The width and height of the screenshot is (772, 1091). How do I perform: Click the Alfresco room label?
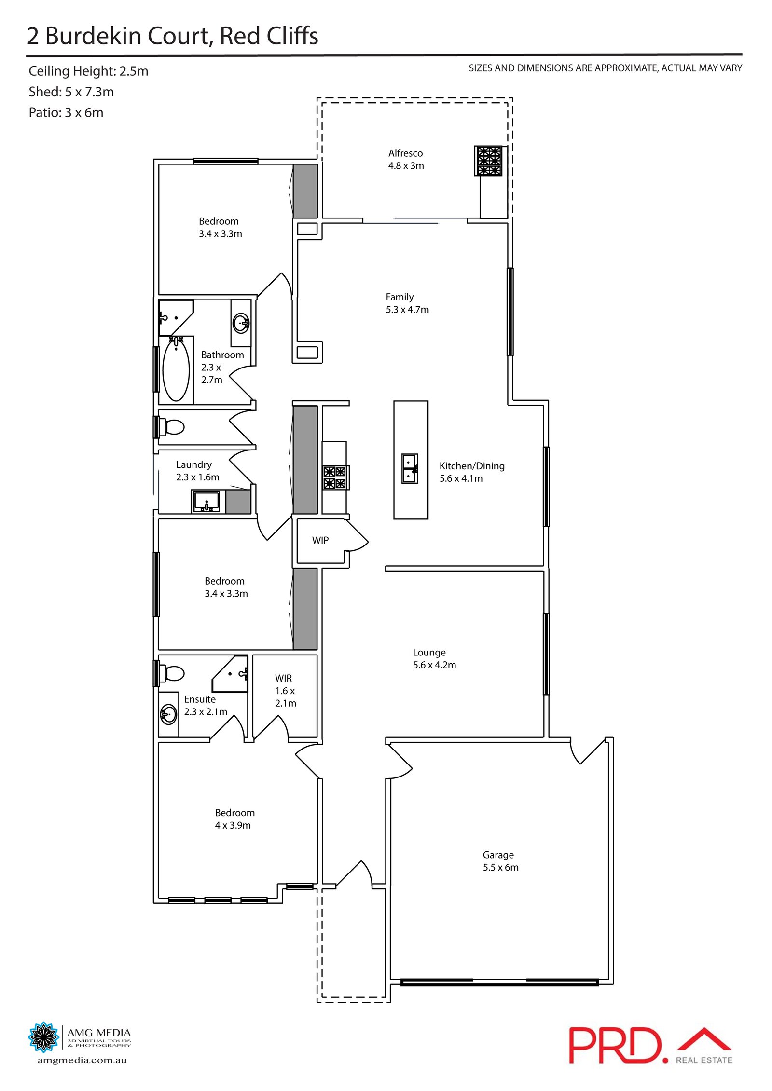pyautogui.click(x=405, y=153)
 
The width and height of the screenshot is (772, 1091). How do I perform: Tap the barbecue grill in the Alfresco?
pyautogui.click(x=488, y=161)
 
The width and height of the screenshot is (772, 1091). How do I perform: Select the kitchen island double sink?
pyautogui.click(x=410, y=468)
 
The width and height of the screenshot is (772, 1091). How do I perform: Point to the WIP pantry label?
pyautogui.click(x=320, y=540)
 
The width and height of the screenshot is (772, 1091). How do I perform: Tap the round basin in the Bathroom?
pyautogui.click(x=241, y=323)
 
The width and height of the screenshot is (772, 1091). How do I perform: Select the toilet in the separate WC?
pyautogui.click(x=173, y=427)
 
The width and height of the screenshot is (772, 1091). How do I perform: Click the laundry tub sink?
pyautogui.click(x=207, y=502)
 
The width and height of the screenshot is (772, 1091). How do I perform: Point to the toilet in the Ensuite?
pyautogui.click(x=173, y=673)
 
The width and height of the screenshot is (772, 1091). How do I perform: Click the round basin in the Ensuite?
pyautogui.click(x=169, y=714)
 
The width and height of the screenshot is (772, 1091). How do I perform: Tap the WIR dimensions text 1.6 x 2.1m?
pyautogui.click(x=285, y=697)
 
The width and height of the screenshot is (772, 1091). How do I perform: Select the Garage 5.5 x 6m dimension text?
pyautogui.click(x=500, y=867)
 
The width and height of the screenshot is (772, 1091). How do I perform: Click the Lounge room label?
pyautogui.click(x=429, y=653)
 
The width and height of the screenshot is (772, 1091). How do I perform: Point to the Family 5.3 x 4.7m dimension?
pyautogui.click(x=407, y=310)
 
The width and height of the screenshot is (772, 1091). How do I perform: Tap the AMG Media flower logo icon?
pyautogui.click(x=43, y=1036)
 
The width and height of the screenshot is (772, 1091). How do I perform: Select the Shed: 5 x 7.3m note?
pyautogui.click(x=71, y=92)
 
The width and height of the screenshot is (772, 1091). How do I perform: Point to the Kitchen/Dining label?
pyautogui.click(x=471, y=466)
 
